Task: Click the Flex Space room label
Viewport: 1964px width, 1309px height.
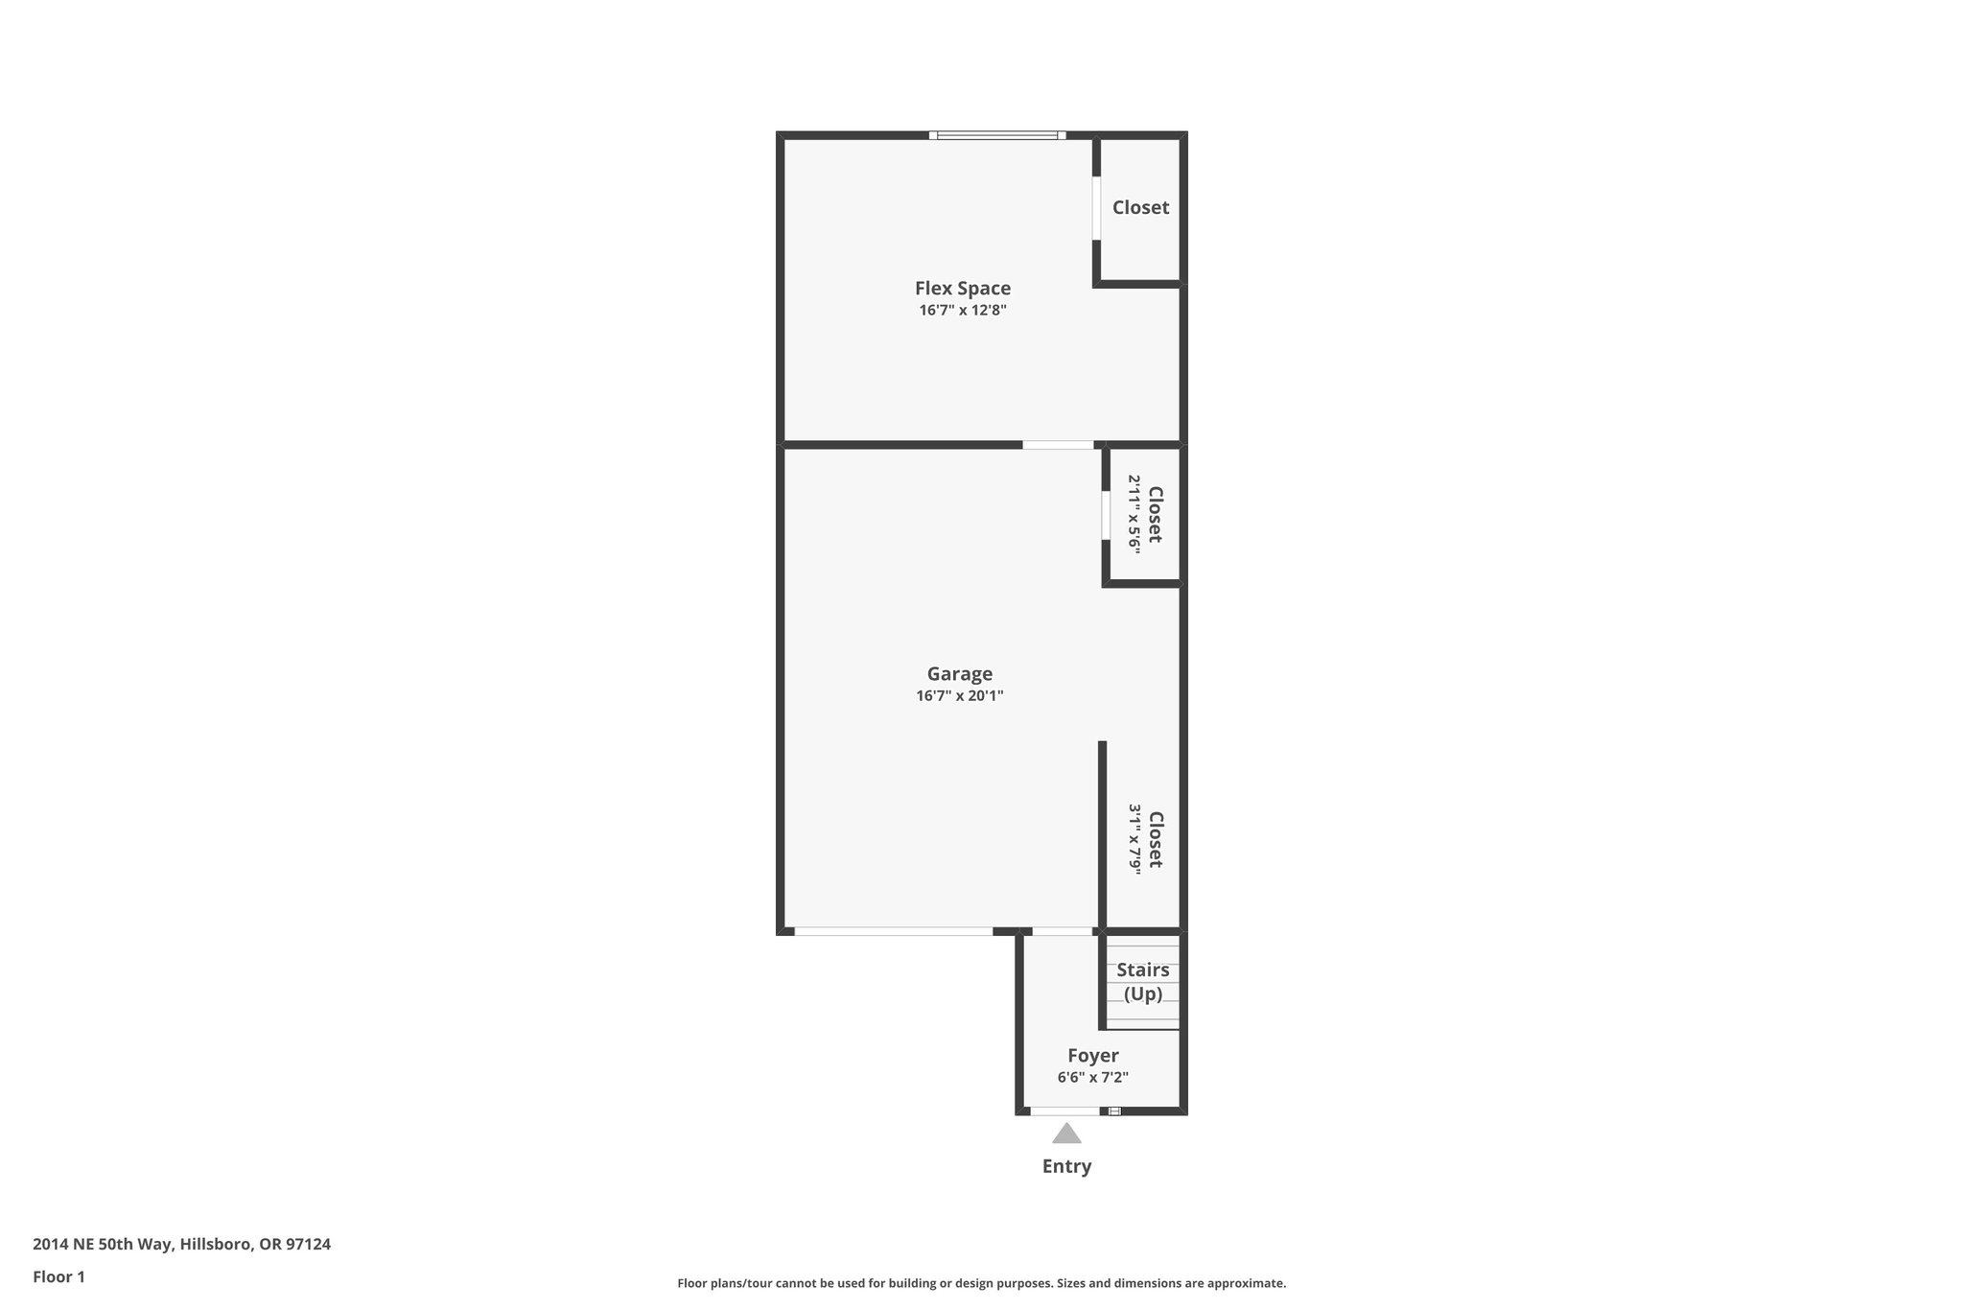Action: click(x=962, y=288)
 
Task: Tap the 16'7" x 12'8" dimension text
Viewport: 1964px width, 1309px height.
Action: click(x=962, y=311)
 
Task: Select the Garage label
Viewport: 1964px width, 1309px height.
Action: click(x=959, y=674)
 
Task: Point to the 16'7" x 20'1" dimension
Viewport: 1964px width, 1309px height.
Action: click(x=959, y=696)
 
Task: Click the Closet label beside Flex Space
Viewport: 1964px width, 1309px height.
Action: click(x=1140, y=207)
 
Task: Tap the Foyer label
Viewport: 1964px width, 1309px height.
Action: click(x=1092, y=1056)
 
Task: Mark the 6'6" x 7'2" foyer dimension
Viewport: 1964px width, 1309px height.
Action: click(x=1092, y=1078)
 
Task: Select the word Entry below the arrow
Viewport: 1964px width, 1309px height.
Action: click(x=1066, y=1167)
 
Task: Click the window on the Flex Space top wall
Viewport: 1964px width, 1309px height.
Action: click(x=997, y=135)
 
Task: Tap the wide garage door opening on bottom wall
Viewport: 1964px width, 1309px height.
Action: click(x=893, y=931)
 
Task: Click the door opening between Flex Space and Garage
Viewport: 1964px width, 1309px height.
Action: click(x=1058, y=445)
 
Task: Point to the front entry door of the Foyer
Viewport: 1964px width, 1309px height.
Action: click(x=1065, y=1111)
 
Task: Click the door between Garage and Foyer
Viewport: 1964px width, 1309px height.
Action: click(x=1062, y=931)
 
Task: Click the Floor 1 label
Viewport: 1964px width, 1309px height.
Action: click(x=58, y=1277)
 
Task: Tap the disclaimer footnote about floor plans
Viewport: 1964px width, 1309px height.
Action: click(x=981, y=1283)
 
